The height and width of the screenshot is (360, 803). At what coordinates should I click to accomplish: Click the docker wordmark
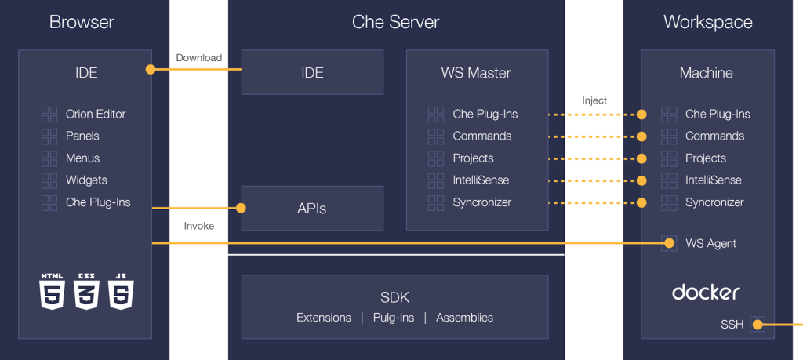pos(706,293)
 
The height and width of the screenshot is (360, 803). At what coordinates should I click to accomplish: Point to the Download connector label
pos(198,58)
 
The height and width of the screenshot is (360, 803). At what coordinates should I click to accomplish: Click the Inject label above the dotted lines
pos(594,100)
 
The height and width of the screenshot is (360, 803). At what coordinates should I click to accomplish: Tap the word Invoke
pos(199,226)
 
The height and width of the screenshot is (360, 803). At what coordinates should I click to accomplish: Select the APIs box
pos(312,209)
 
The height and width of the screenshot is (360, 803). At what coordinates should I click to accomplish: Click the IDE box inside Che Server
pos(312,73)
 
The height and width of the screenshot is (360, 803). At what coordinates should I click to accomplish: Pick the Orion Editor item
pos(96,115)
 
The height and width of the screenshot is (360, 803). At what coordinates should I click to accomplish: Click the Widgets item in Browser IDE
pos(86,180)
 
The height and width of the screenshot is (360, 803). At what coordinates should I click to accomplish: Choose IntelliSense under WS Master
pos(481,180)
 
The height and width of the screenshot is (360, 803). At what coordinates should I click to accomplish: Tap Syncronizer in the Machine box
pos(714,202)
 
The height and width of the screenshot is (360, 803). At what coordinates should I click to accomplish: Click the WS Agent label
pos(710,244)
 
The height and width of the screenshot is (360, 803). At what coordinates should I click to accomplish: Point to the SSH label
pos(732,325)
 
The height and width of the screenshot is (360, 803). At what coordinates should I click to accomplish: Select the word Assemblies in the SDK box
pos(464,318)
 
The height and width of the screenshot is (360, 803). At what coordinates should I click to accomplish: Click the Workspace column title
pos(707,22)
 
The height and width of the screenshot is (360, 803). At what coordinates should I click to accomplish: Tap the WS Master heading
pos(475,73)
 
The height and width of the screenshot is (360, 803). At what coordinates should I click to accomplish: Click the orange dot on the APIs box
pos(241,209)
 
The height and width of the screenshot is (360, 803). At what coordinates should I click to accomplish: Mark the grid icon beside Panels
pos(49,136)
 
